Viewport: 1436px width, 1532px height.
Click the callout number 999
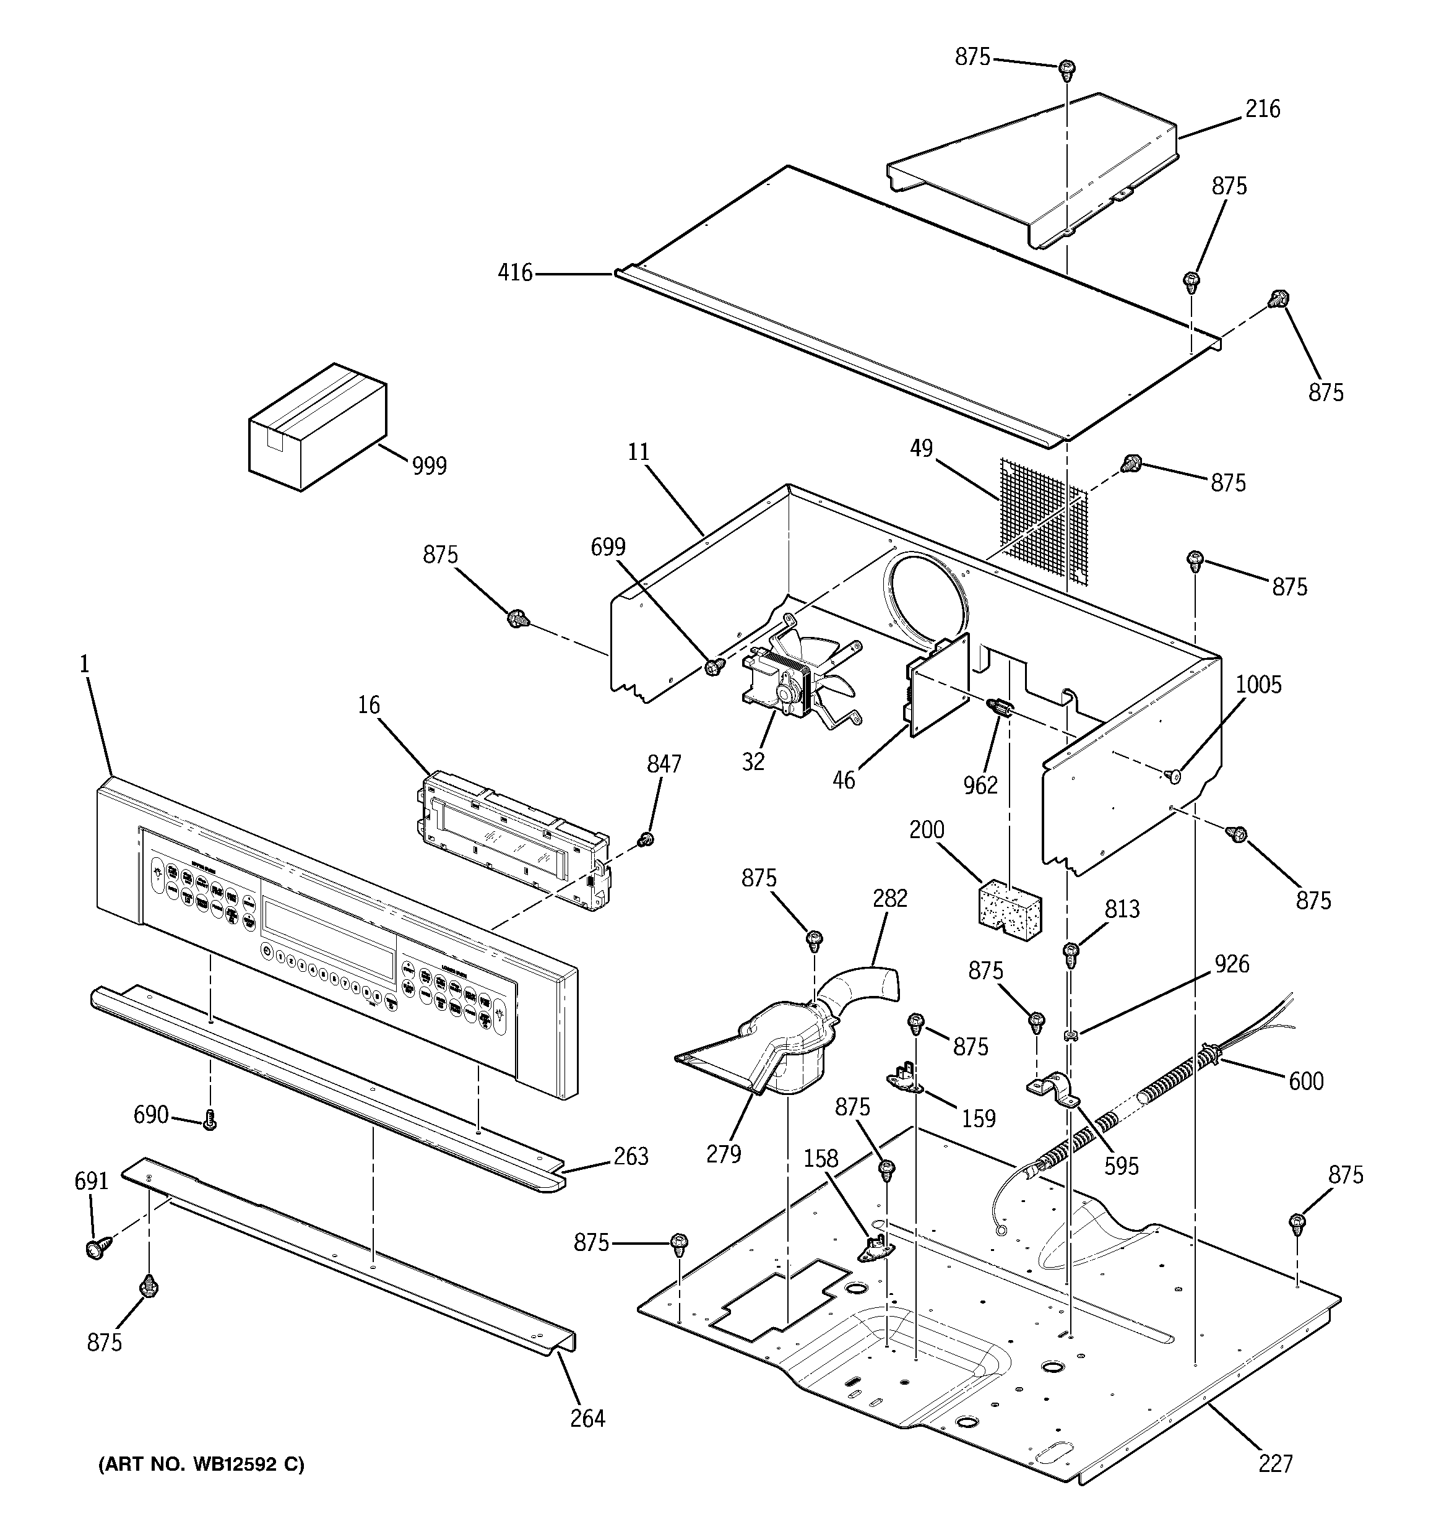(430, 465)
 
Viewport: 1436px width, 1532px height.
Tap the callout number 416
(515, 273)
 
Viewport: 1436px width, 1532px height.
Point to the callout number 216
(1263, 110)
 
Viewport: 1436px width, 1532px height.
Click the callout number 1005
(1259, 685)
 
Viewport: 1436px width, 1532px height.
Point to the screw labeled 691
(97, 1248)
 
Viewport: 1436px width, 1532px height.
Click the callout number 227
(1275, 1463)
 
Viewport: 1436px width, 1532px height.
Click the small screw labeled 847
(647, 839)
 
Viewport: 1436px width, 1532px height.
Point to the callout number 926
(1232, 964)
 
